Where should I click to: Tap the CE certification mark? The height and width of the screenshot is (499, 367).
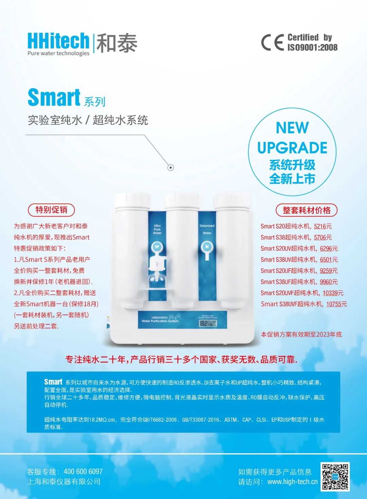(272, 43)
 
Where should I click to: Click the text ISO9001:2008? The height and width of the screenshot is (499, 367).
(312, 47)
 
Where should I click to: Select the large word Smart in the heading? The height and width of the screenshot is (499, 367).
(54, 98)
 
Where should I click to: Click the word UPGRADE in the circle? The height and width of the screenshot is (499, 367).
(292, 148)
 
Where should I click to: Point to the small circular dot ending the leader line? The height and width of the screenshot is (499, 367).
(171, 167)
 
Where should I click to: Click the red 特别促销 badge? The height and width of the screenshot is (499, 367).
(51, 210)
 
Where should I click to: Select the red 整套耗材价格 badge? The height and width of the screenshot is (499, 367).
(306, 210)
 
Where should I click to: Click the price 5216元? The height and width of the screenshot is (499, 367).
(322, 226)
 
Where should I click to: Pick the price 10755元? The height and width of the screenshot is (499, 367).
(336, 304)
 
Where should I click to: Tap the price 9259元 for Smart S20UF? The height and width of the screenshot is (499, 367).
(329, 271)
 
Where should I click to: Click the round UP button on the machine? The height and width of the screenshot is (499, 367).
(157, 247)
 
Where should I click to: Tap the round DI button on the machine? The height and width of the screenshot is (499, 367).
(207, 247)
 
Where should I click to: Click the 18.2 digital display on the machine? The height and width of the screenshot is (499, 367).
(208, 323)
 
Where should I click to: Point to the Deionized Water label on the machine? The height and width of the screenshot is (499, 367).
(207, 229)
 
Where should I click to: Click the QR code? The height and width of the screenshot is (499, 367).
(335, 477)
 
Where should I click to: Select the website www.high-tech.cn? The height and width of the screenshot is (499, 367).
(292, 482)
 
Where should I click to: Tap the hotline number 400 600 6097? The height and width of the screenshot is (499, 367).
(83, 471)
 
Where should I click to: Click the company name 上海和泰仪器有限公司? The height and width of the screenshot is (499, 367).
(64, 482)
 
